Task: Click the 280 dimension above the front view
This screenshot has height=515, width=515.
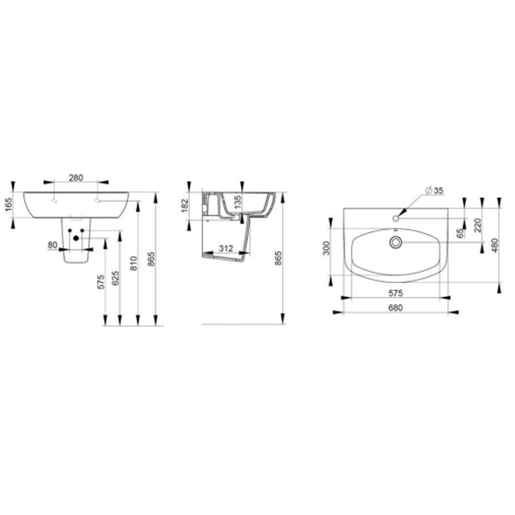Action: pyautogui.click(x=76, y=178)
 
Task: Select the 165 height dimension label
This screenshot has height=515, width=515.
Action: pyautogui.click(x=9, y=205)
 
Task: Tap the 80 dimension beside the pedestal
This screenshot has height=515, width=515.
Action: pyautogui.click(x=52, y=245)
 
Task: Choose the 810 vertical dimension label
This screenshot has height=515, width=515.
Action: pyautogui.click(x=134, y=264)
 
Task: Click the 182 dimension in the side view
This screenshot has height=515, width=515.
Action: pyautogui.click(x=185, y=206)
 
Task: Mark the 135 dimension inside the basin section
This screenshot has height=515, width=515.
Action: pyautogui.click(x=238, y=200)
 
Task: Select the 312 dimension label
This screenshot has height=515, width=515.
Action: pyautogui.click(x=226, y=248)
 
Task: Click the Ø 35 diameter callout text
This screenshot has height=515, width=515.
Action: pyautogui.click(x=434, y=191)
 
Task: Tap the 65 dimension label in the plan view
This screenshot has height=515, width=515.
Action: pyautogui.click(x=461, y=233)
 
